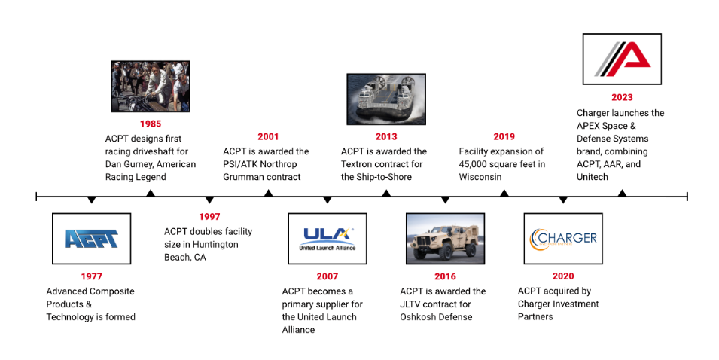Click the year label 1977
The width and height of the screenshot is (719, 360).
point(91,276)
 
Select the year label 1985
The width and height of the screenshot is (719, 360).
point(151,124)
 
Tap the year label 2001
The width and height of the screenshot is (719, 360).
point(268,136)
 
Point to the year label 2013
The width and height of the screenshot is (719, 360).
point(386,136)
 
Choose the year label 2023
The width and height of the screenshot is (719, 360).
point(622,97)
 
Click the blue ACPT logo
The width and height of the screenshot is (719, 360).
point(91,239)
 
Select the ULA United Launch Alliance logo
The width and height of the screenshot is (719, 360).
point(328,239)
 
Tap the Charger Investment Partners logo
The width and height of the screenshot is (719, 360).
point(563,239)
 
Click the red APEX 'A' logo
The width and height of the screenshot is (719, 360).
point(622,59)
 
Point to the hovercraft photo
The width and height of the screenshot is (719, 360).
point(386,99)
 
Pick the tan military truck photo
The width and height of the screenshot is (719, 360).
point(445,239)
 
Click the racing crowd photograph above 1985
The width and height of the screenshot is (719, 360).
point(151,86)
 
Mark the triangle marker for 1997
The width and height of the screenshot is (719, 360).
point(209,200)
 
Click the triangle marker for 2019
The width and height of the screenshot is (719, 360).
point(504,193)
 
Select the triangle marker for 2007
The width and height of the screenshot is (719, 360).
point(328,200)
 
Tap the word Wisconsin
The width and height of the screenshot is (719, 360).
point(480,177)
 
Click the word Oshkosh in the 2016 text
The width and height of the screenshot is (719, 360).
point(417,317)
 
